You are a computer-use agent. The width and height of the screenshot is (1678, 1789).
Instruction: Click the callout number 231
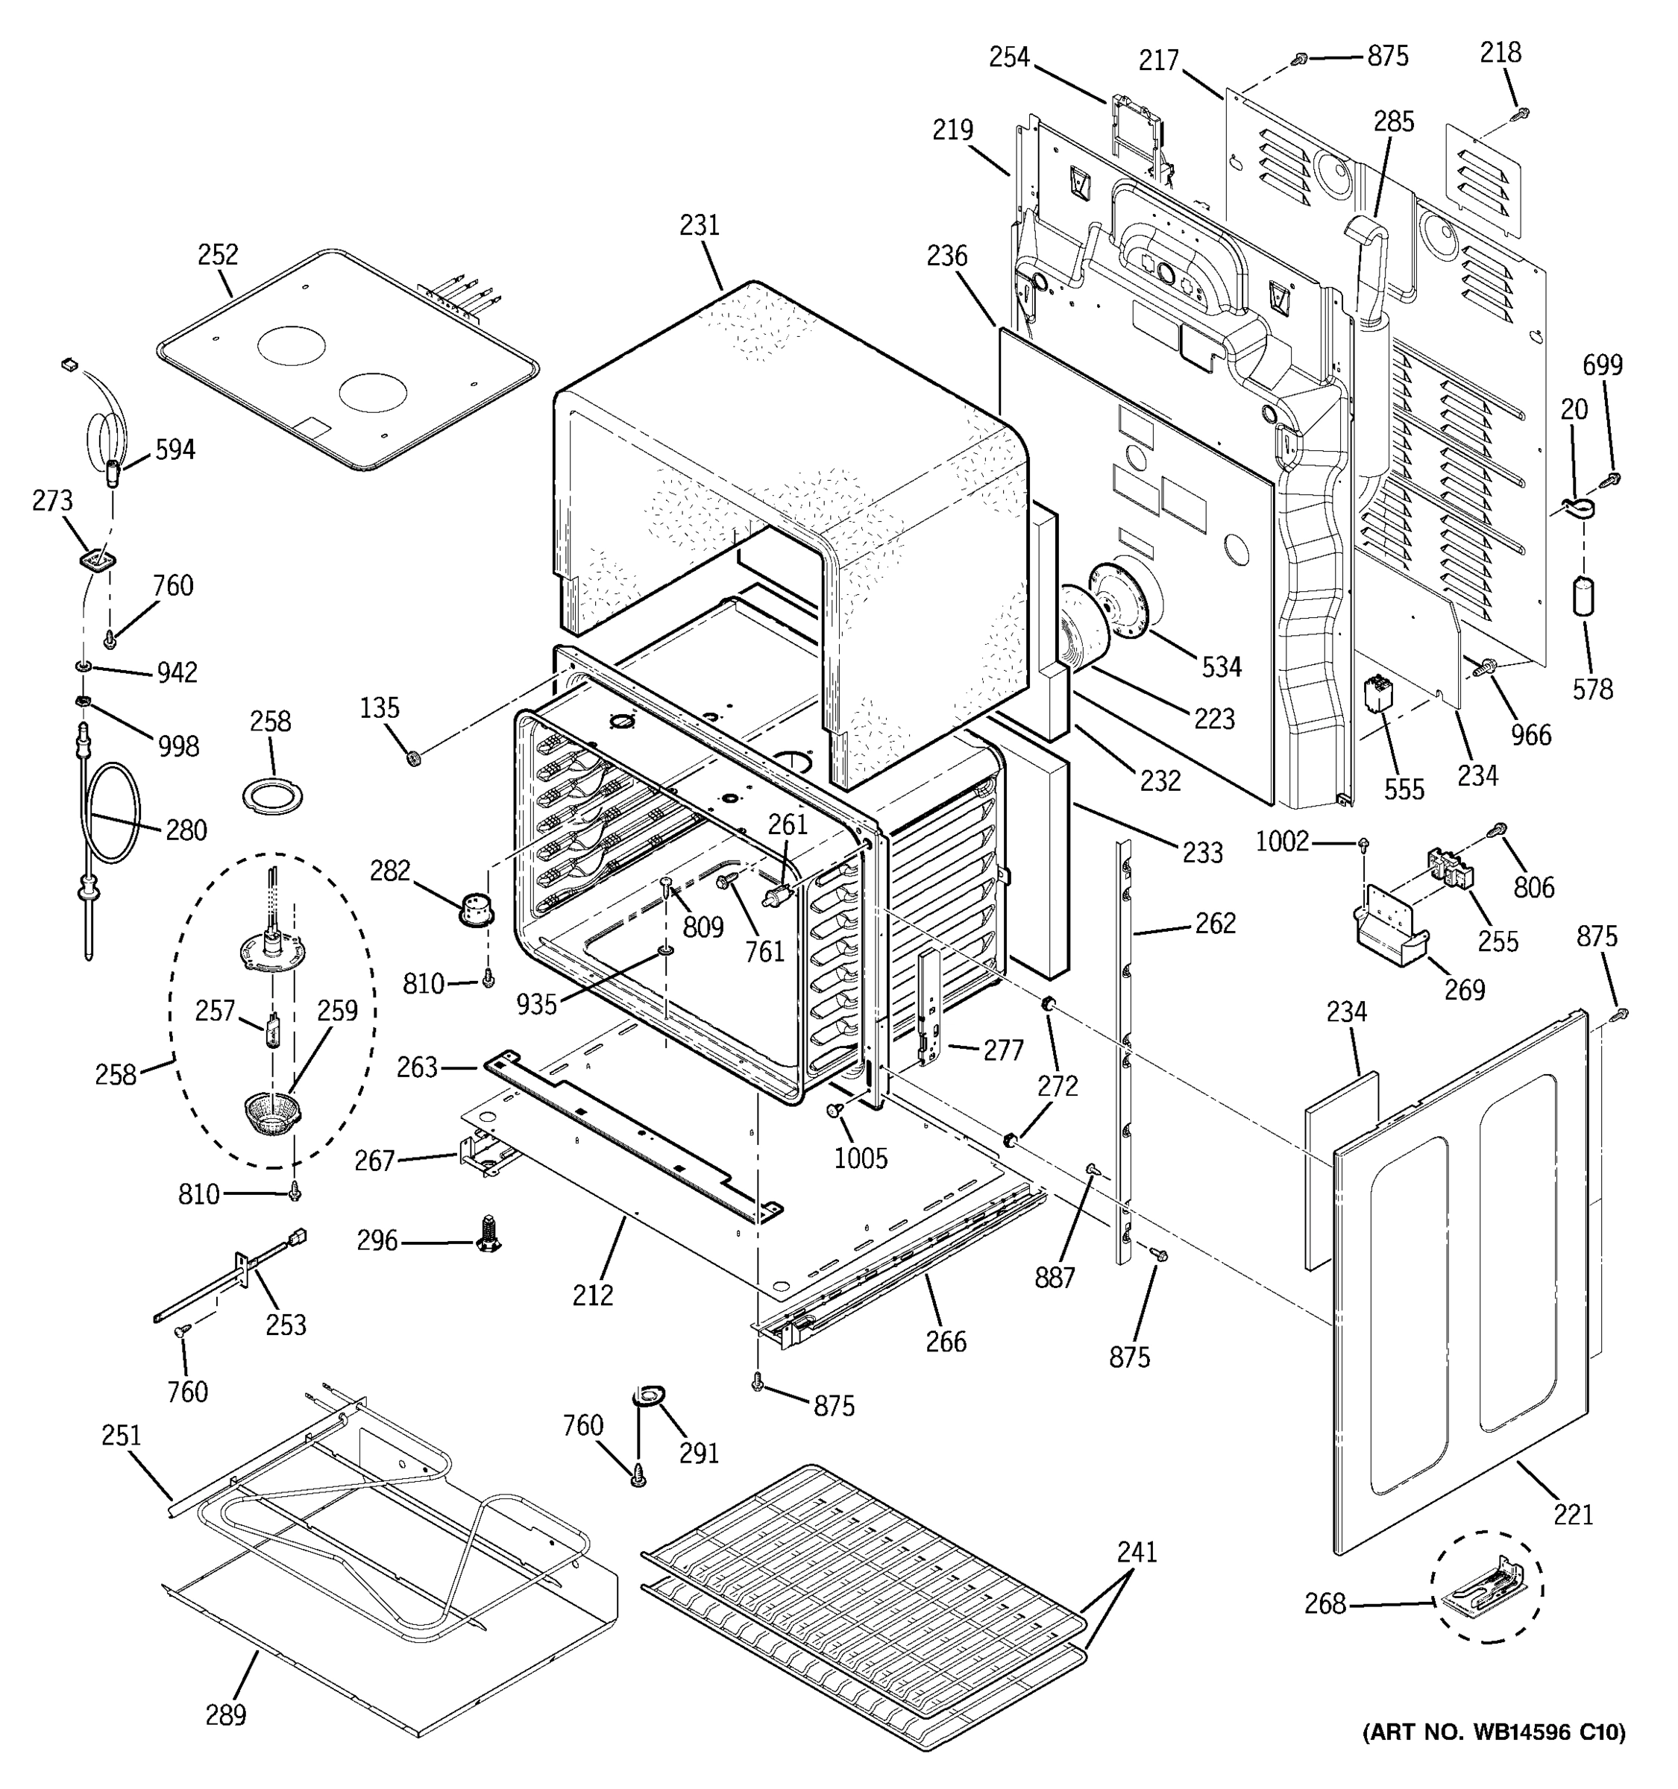700,225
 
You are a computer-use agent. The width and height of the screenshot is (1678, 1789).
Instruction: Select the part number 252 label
218,255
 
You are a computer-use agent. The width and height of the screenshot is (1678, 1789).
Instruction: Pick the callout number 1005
860,1158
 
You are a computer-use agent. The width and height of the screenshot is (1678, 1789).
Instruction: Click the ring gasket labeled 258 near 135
273,795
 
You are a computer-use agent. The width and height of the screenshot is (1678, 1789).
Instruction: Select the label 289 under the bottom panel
225,1715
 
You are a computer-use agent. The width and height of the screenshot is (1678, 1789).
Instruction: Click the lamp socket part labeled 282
477,908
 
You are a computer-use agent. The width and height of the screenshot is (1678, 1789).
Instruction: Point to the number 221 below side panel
1573,1515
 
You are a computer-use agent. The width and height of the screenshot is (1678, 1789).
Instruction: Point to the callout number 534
1221,667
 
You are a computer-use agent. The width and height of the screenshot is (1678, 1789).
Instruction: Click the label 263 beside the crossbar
417,1067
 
